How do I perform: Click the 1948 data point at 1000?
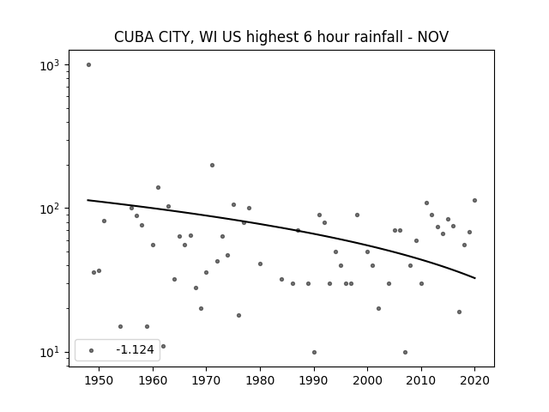tap(88, 65)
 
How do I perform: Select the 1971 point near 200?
tap(212, 165)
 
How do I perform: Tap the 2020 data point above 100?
tap(474, 200)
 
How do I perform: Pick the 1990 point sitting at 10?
tap(314, 352)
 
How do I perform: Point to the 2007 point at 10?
tap(405, 352)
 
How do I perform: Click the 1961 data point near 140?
tap(158, 187)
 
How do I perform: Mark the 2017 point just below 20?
tap(459, 312)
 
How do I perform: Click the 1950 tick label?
tap(100, 380)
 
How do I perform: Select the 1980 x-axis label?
tap(260, 380)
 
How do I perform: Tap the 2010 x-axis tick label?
tap(421, 380)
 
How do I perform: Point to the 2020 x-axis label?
tap(474, 380)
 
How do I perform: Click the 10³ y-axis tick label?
tap(50, 65)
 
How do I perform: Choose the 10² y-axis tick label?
tap(50, 209)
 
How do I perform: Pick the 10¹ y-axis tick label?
tap(50, 353)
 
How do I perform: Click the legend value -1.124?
tap(136, 349)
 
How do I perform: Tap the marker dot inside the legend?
tap(92, 350)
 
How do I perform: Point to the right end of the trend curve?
tap(474, 278)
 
